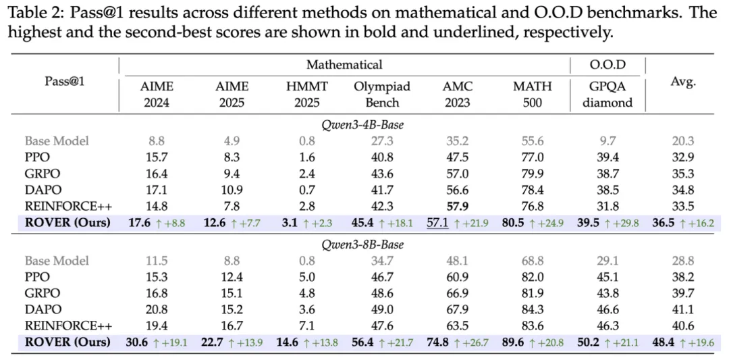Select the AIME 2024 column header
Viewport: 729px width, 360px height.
click(156, 95)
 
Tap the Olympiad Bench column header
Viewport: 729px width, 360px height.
click(381, 95)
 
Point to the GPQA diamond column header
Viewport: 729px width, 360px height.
click(607, 95)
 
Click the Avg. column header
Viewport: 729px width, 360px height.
click(683, 82)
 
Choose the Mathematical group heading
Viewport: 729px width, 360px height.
click(344, 65)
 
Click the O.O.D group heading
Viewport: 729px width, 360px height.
click(607, 65)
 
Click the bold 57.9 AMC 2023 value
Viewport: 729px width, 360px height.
click(457, 206)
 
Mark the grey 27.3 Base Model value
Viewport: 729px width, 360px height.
click(381, 141)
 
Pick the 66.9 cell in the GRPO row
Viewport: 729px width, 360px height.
click(457, 293)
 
